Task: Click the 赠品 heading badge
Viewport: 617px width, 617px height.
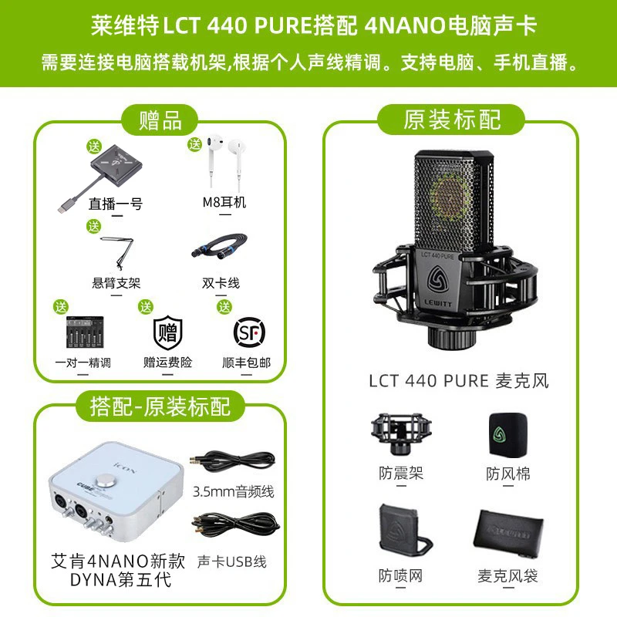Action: coord(160,120)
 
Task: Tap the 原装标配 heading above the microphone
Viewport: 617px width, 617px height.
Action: coord(451,120)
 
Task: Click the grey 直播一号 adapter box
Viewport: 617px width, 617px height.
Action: coord(114,165)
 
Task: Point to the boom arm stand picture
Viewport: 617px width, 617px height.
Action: coord(118,252)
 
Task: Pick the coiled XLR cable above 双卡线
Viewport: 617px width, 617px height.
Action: coord(220,247)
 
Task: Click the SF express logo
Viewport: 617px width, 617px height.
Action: coord(249,332)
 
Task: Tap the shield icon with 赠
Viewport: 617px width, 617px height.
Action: coord(168,332)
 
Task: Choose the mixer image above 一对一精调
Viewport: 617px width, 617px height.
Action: coord(85,332)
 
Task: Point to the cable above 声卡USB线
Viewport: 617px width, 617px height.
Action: coord(235,524)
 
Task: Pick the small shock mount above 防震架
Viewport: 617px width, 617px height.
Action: coord(400,433)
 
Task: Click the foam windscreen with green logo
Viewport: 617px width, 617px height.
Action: coord(507,434)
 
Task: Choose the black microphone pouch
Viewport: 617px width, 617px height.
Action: coord(508,534)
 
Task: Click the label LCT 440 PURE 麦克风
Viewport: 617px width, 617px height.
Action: coord(459,381)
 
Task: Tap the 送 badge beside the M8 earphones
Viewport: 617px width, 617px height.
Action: coord(195,144)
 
